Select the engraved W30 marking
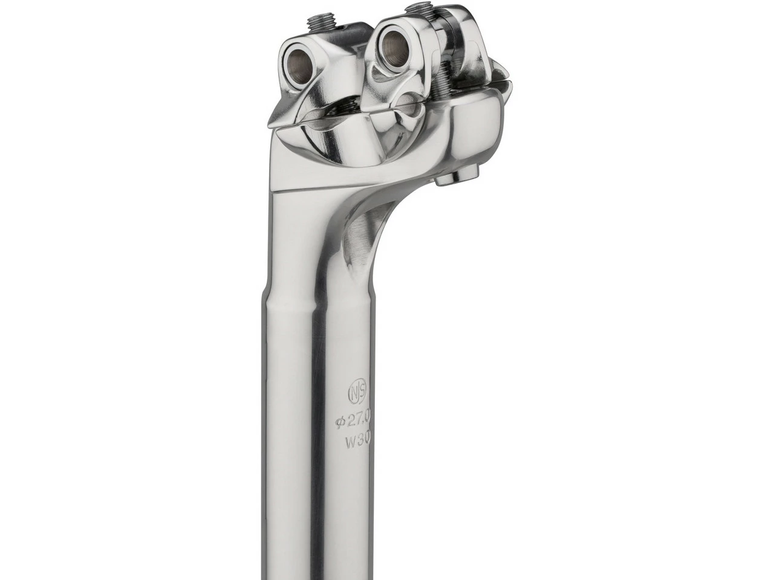(357, 440)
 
